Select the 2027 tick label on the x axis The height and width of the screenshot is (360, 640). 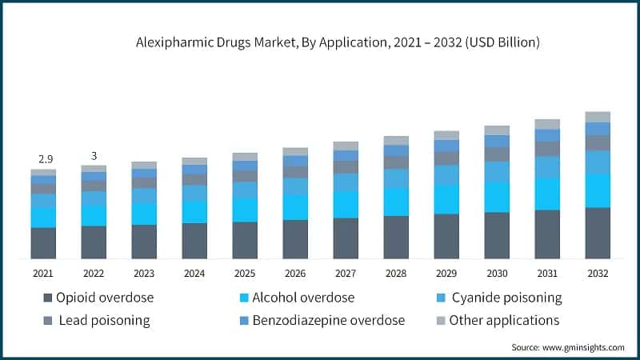click(345, 274)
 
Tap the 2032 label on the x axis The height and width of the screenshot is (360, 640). click(598, 274)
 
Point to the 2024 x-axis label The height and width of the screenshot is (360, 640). click(194, 274)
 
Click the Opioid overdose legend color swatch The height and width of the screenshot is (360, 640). click(47, 298)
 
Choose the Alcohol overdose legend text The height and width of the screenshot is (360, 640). click(302, 298)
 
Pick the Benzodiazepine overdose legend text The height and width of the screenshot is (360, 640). click(328, 321)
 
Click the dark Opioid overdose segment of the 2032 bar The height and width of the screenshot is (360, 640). click(598, 233)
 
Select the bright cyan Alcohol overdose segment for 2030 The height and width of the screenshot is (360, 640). click(497, 197)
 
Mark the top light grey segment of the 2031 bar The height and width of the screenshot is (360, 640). click(547, 124)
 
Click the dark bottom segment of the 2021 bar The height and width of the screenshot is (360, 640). click(43, 243)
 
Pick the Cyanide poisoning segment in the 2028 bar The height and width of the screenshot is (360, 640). click(396, 178)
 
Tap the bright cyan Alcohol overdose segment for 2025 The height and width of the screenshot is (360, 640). click(245, 210)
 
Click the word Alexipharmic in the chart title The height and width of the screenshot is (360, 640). click(175, 42)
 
